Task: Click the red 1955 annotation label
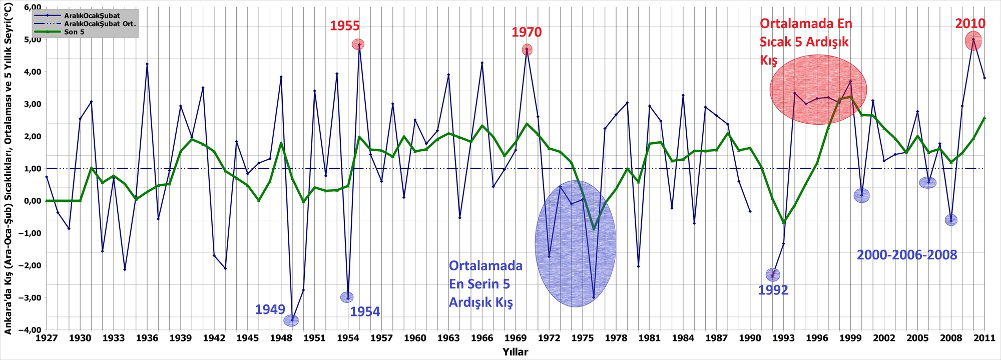coord(344,26)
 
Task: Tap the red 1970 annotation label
coord(526,33)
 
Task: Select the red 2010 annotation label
coord(970,24)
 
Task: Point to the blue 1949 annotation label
coord(270,309)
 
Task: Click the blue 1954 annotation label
coord(365,312)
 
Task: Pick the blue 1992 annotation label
coord(773,290)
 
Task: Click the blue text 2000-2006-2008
coord(906,255)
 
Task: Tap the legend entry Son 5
coord(74,32)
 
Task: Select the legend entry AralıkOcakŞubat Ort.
coord(100,24)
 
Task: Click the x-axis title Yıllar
coord(515,352)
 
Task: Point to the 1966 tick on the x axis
coord(482,338)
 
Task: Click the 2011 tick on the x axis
coord(984,338)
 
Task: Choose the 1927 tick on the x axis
coord(46,338)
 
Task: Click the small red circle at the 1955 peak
coord(358,45)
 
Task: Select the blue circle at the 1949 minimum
coord(291,320)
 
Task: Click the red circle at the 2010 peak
coord(973,41)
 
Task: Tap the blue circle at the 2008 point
coord(951,220)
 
